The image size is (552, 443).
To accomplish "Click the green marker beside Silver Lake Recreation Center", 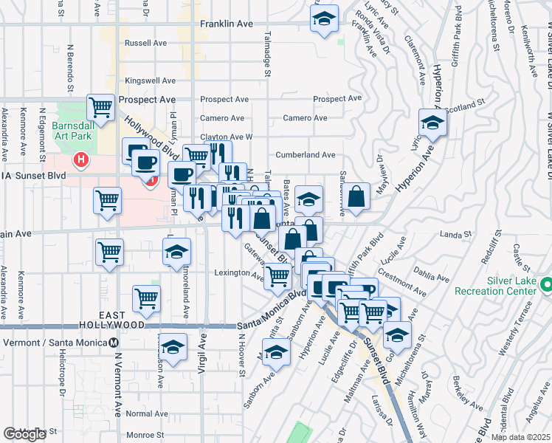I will coord(546,284).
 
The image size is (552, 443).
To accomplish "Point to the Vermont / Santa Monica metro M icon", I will coord(114,343).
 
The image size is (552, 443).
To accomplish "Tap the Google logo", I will coord(24,434).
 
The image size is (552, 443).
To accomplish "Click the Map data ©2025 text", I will coord(520,437).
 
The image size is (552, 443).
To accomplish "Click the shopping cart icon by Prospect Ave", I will coord(101,106).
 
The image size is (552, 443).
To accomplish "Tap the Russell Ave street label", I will coord(146,44).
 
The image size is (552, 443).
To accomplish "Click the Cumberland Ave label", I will coord(306,155).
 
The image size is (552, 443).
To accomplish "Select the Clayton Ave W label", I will coord(227,137).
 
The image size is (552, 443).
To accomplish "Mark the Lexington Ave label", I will coord(239,275).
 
